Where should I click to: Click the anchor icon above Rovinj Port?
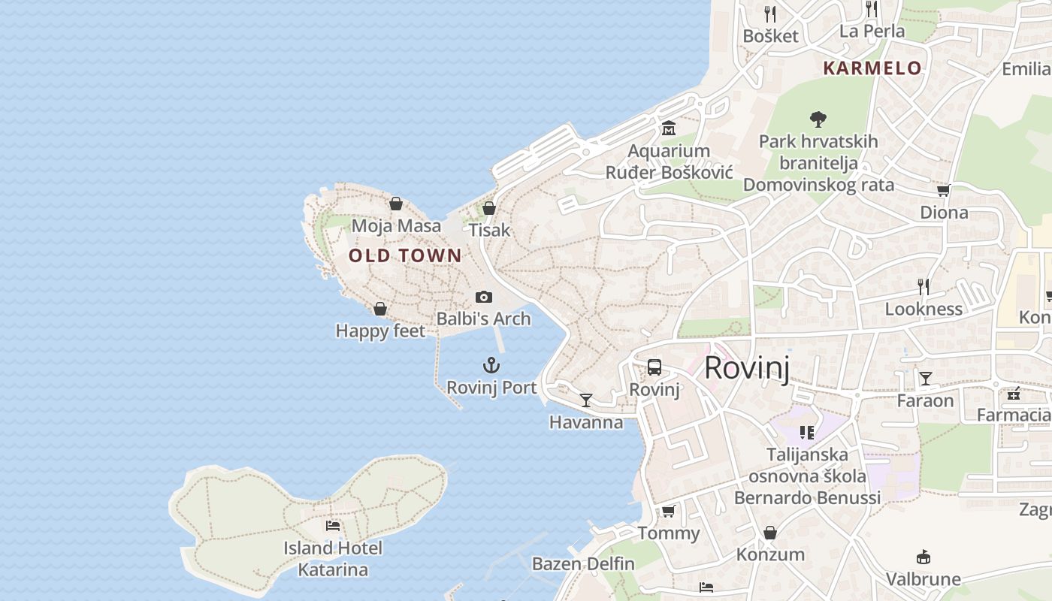click(x=491, y=366)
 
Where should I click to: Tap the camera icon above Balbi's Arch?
click(x=484, y=297)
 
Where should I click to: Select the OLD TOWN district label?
click(x=405, y=255)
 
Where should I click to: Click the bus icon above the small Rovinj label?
click(x=654, y=367)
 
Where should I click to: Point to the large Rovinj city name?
click(x=747, y=368)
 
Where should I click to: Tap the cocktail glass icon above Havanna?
click(x=586, y=400)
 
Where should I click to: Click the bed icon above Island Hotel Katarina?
click(x=333, y=526)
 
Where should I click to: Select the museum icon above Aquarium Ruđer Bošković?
click(x=669, y=128)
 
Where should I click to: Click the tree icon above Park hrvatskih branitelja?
click(x=818, y=119)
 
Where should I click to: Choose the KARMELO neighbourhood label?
click(x=872, y=68)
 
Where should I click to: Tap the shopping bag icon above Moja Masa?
click(x=396, y=204)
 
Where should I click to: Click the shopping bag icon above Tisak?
click(x=489, y=208)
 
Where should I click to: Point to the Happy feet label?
click(x=380, y=331)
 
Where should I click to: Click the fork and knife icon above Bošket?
click(x=770, y=14)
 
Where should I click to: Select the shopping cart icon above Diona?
click(x=944, y=191)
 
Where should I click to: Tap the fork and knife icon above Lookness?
click(x=924, y=286)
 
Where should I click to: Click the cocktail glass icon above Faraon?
click(x=926, y=379)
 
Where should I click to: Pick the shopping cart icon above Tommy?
click(x=668, y=512)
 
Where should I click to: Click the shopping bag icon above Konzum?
click(x=770, y=533)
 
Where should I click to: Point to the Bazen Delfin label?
click(x=583, y=563)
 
